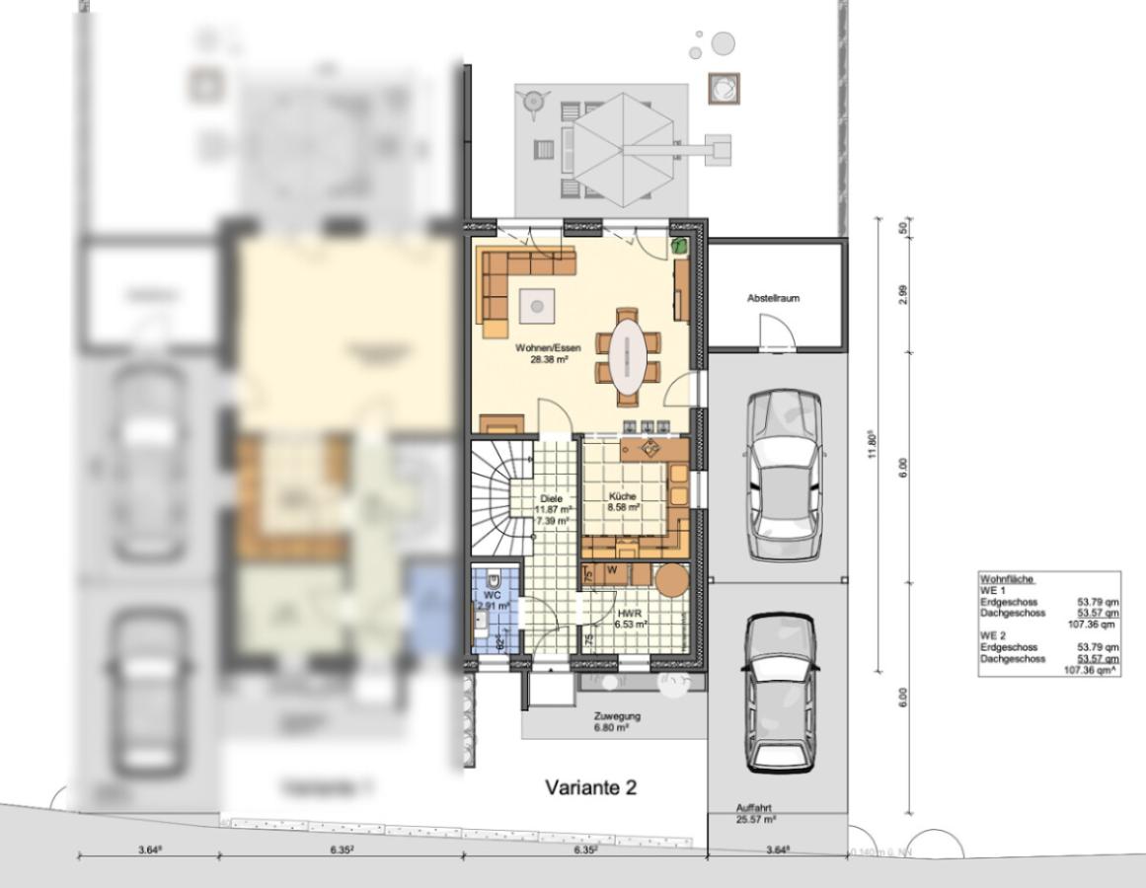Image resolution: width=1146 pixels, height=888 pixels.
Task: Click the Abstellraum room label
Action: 774,297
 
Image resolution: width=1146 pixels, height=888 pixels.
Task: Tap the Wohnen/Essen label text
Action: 548,348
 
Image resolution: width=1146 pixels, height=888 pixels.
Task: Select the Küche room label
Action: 623,496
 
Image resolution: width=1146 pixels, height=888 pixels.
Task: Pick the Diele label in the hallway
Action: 552,499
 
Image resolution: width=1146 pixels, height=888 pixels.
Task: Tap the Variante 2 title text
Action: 591,787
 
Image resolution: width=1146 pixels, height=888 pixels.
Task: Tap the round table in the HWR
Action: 672,578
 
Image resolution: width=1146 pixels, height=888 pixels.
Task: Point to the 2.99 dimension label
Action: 903,295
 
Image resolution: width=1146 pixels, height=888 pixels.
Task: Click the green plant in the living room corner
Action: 680,247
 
